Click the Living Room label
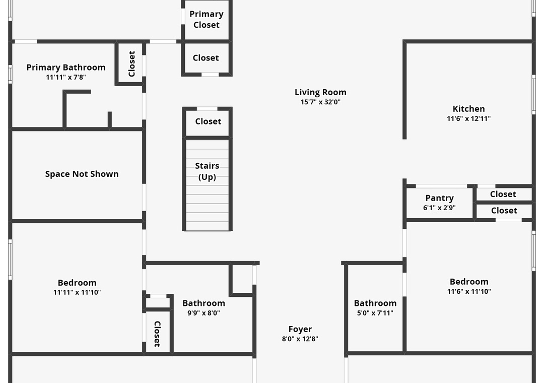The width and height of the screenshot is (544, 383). coord(320,92)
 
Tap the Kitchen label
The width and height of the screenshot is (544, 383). coord(468,109)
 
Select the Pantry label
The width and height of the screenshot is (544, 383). coord(439,198)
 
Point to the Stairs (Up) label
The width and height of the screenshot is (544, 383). coord(207,171)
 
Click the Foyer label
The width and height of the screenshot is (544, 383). coord(300,329)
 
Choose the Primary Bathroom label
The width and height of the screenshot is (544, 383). coord(66,68)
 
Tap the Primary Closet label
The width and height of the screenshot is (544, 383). coord(207,19)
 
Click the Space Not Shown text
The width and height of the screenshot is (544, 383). coord(82,174)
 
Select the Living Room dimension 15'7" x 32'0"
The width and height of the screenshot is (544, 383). coord(321,102)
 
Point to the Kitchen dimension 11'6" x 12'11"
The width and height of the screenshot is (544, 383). coord(468,119)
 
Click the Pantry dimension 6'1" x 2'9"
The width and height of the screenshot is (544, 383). coord(439,207)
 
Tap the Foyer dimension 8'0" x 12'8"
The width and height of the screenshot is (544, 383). coord(300,339)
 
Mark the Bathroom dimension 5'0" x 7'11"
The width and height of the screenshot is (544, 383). coord(375,312)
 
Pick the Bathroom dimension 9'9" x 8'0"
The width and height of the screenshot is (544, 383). coord(203,312)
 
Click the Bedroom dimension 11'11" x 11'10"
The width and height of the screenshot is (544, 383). coord(77,292)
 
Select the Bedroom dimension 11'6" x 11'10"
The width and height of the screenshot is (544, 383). coord(469,291)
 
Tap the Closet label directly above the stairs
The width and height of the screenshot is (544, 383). coord(208,121)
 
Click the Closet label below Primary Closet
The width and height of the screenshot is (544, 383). coord(206,58)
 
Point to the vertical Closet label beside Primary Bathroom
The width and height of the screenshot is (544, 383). coord(132,63)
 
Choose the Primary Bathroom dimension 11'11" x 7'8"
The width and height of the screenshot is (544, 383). coord(66,77)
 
